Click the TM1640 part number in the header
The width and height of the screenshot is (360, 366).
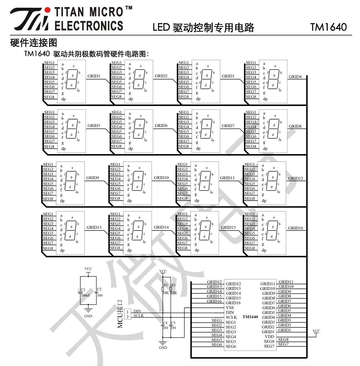pos(328,27)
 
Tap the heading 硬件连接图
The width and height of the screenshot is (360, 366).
pos(34,43)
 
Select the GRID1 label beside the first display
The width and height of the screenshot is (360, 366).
pos(94,76)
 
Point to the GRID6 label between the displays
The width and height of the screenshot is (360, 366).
pos(161,125)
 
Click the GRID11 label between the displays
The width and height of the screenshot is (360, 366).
pos(227,178)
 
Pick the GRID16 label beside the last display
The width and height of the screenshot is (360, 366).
pos(295,228)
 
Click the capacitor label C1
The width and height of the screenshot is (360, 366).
pos(83,289)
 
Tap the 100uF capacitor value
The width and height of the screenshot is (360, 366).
pos(85,295)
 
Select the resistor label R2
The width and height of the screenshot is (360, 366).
pos(166,285)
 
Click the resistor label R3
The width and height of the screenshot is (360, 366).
pos(173,285)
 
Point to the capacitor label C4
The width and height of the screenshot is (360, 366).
pos(165,323)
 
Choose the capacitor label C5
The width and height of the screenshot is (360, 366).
pos(173,323)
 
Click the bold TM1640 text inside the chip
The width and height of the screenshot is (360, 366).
pos(250,317)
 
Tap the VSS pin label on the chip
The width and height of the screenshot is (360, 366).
pos(230,308)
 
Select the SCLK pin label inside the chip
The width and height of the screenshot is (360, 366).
pos(231,317)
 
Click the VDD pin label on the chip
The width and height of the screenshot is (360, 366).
pos(270,337)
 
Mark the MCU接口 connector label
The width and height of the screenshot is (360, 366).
pos(120,314)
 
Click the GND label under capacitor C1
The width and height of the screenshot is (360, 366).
pos(88,316)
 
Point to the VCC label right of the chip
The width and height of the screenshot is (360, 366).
pos(316,331)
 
